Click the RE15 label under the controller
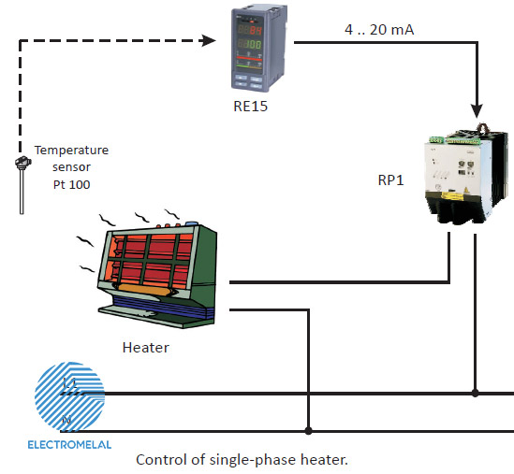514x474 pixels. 250,107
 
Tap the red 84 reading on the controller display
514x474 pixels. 256,30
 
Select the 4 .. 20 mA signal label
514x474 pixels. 379,30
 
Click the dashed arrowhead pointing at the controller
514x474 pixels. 209,40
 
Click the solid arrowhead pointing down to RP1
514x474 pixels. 477,111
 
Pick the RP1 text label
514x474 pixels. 390,180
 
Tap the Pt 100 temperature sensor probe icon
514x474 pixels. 22,185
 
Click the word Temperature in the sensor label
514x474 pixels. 71,151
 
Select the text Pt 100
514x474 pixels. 71,184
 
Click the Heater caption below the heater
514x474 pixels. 146,348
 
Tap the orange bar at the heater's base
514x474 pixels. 143,290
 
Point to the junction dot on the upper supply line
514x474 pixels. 476,393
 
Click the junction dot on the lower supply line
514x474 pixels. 308,431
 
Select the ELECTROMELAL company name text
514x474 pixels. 69,445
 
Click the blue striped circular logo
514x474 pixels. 69,396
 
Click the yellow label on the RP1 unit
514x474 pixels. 453,195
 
